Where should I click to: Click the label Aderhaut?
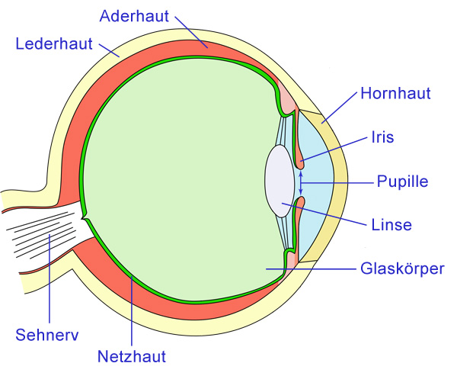pos(135,16)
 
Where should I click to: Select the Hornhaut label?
pos(397,94)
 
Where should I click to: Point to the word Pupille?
pos(403,182)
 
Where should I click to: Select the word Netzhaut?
pos(132,355)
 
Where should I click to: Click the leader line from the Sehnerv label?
pos(50,282)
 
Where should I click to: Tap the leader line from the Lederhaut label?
pos(107,49)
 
